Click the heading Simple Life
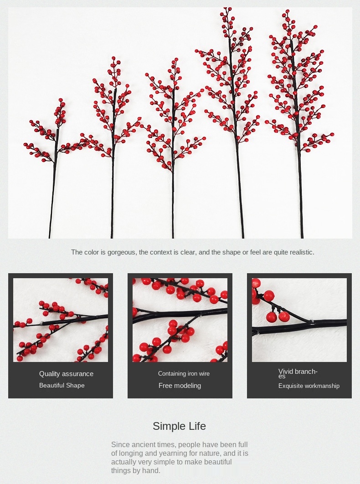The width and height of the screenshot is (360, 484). coord(179,426)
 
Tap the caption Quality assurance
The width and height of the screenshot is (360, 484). coord(66,374)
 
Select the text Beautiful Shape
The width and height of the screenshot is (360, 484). coord(62,385)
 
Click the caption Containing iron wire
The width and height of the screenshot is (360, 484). coord(184,373)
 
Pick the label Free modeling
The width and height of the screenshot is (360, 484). coord(180,386)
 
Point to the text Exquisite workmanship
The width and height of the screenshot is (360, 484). coord(309,386)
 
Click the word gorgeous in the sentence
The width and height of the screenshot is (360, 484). coord(121,253)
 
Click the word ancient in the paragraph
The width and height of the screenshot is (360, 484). coord(144,445)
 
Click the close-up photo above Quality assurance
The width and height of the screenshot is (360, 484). coord(61,320)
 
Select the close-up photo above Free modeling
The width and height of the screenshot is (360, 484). coord(180,320)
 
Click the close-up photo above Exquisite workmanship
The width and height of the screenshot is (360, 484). coord(299,320)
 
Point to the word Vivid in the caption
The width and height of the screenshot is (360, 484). coord(285,372)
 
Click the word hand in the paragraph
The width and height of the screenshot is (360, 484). coord(151,471)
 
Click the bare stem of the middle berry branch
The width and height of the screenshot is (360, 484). coord(173,204)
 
